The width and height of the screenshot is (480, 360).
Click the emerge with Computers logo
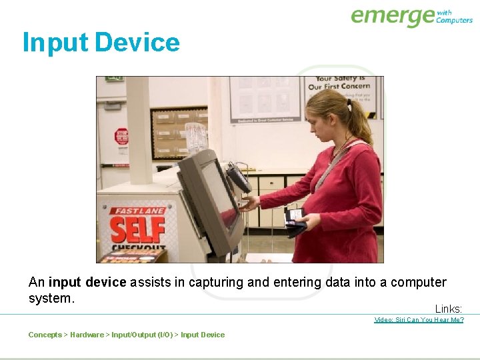pos(411,16)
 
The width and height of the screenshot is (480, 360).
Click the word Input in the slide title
pos(55,43)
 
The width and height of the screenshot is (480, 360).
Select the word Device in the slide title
pos(137,43)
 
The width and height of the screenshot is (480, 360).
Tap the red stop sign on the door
pos(121,136)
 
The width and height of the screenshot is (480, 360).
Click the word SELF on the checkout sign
pos(137,230)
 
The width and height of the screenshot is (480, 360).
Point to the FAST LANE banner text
pos(137,211)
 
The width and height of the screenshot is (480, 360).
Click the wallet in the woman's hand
pos(294,221)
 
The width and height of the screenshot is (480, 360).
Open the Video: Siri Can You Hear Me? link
pos(419,320)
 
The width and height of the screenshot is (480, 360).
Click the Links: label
pos(449,309)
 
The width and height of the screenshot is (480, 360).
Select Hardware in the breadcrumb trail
pos(87,335)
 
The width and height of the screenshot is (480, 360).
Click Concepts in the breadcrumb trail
pos(45,335)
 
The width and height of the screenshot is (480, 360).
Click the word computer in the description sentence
pos(418,283)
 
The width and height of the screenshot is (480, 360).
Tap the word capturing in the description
pos(217,283)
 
